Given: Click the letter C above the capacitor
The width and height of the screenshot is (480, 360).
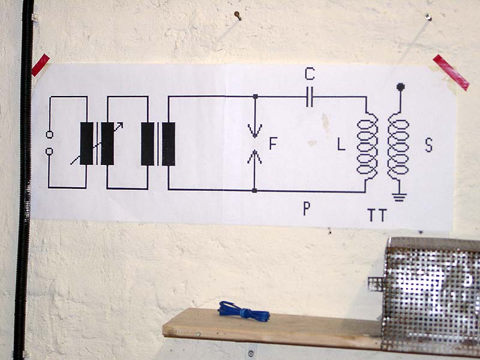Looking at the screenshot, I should point(309,74).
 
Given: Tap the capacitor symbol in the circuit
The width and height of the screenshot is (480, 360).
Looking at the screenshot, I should point(310,97).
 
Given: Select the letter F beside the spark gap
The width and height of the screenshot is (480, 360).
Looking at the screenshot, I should point(273,143).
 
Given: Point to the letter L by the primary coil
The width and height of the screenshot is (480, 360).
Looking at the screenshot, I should point(341,144).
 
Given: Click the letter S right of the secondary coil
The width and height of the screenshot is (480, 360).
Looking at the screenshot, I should point(428,145).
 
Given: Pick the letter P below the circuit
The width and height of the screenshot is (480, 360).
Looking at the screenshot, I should point(307,209).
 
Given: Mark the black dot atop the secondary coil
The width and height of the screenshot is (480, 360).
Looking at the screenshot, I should point(400,88).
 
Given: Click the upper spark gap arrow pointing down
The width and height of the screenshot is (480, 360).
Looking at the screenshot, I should point(256,126).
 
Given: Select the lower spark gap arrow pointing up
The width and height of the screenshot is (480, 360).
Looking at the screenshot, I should point(256,158).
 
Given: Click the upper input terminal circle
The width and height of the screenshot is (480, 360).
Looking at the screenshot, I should point(49,134).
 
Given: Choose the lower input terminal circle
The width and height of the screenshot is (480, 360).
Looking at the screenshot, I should point(49,151).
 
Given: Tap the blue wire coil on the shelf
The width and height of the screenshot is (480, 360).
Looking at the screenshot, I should point(243,311).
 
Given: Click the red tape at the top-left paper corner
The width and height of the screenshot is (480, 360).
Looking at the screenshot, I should point(40,65).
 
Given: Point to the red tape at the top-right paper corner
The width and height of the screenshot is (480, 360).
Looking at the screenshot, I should point(451,71).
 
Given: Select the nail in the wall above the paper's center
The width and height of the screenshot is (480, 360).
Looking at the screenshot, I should point(238,16).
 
